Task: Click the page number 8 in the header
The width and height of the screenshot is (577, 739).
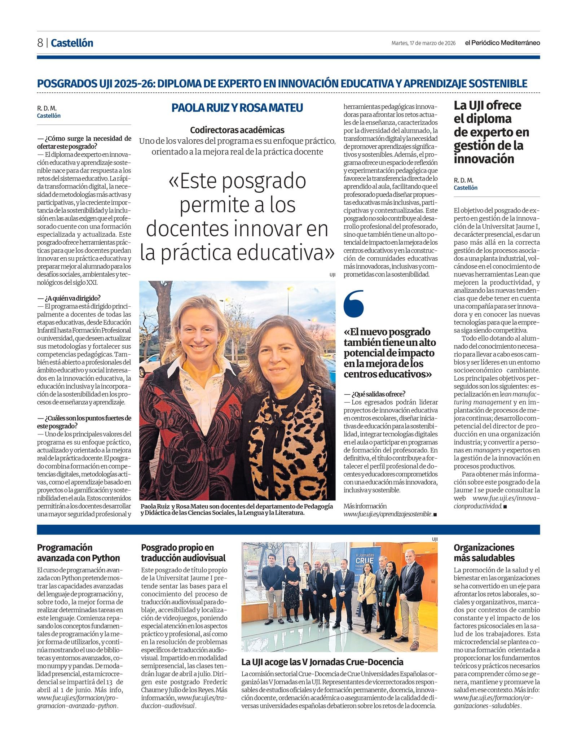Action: [x=40, y=43]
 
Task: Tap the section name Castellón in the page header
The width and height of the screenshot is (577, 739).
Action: [x=72, y=43]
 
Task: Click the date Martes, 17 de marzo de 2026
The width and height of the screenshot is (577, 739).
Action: [x=423, y=43]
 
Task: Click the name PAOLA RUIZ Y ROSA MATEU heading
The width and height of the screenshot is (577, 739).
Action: [x=237, y=108]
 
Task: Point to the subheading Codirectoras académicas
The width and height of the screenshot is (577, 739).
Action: [x=237, y=130]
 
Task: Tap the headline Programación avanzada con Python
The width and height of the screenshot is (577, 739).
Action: [x=78, y=552]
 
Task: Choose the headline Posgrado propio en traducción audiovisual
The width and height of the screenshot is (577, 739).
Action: [x=183, y=552]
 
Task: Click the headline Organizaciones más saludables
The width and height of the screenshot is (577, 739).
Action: [x=484, y=552]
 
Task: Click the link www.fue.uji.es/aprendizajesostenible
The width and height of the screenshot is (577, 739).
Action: [x=388, y=514]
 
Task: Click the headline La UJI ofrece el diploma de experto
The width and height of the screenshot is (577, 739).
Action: [x=491, y=132]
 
